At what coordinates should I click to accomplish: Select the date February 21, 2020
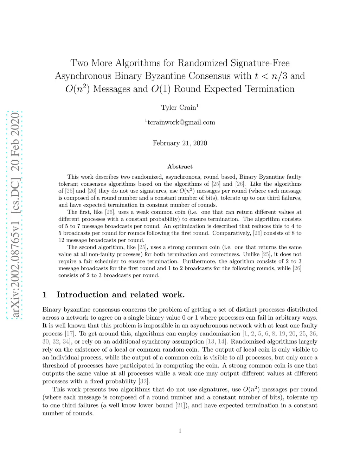coord(180,143)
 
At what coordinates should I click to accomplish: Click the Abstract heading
coord(180,167)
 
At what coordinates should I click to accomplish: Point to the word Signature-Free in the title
coord(260,63)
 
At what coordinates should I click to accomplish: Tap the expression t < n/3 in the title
coord(271,76)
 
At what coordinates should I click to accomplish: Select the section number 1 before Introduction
coord(45,295)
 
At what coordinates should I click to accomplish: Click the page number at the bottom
coord(180,431)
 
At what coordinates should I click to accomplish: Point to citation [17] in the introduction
coord(69,334)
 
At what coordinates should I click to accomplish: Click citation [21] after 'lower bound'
coord(180,406)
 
